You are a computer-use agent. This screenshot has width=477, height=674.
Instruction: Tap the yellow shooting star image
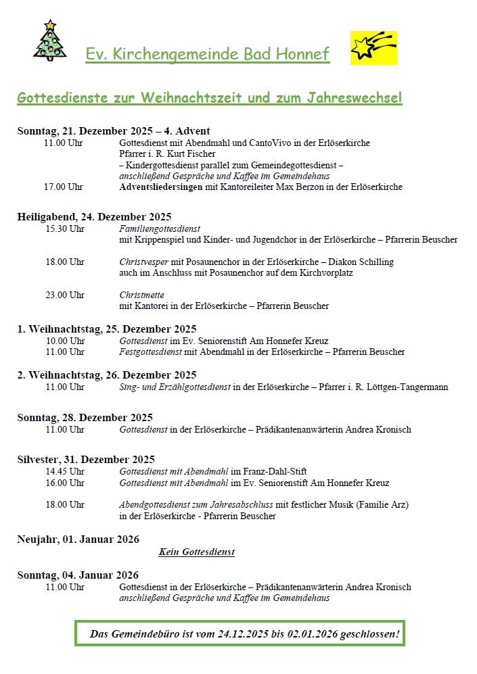(x=373, y=48)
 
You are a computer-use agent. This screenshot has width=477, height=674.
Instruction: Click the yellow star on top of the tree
(x=49, y=25)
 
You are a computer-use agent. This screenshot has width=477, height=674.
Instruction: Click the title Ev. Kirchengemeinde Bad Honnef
(x=208, y=54)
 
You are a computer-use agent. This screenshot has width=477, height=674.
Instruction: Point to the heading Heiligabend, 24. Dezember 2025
(x=94, y=217)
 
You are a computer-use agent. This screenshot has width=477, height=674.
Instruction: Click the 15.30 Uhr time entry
(x=64, y=229)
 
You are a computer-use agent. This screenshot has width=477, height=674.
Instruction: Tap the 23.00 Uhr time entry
(x=64, y=295)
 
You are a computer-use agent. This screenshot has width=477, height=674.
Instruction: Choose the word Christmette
(x=141, y=295)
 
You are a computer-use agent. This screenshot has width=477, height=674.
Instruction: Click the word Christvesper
(x=143, y=262)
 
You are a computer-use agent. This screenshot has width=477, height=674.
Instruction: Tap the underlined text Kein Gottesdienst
(x=197, y=552)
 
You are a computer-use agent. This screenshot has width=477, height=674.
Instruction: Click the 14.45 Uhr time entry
(x=64, y=472)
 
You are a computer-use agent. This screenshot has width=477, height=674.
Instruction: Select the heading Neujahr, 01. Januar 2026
(x=78, y=539)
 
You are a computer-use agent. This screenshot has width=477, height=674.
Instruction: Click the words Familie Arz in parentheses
(x=383, y=504)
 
